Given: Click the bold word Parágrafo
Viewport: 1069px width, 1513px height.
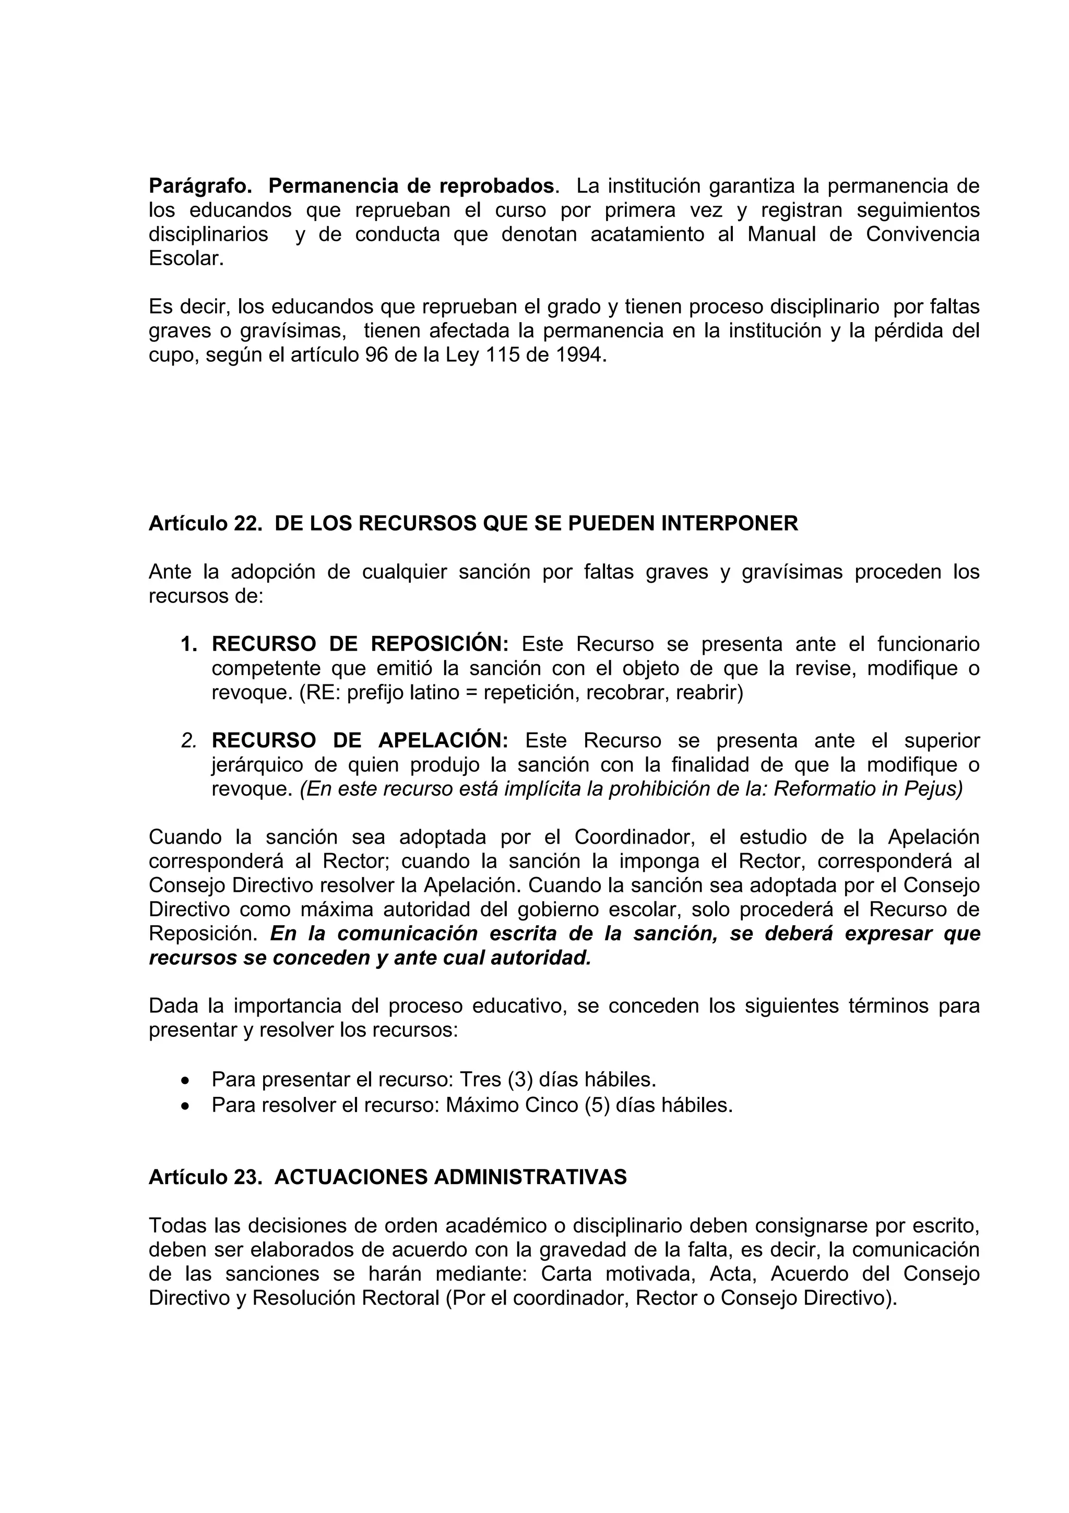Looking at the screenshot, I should click(x=199, y=186).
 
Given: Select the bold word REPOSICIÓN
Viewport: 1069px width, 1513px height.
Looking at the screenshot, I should click(x=440, y=644).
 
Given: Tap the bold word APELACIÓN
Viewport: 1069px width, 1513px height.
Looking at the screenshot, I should click(x=443, y=741).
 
